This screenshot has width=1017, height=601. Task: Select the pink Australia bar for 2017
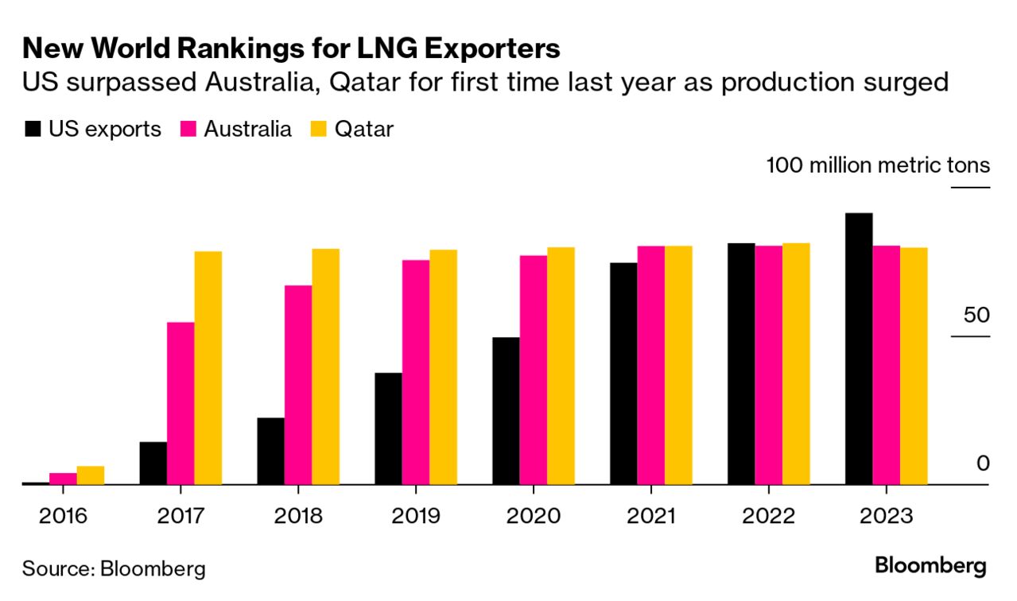(180, 403)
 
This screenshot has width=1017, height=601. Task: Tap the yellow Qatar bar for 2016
(91, 475)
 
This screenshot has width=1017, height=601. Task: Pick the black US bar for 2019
(388, 428)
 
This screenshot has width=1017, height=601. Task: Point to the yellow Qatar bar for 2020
(561, 366)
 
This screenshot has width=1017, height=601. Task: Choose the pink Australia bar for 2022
(768, 365)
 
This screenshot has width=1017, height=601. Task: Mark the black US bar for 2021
(623, 373)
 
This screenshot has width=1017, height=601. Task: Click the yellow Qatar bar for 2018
(325, 366)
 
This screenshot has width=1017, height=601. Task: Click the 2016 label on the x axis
(64, 516)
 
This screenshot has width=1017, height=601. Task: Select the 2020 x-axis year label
(534, 516)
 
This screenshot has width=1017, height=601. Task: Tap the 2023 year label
(887, 516)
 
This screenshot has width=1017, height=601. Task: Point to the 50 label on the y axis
(976, 315)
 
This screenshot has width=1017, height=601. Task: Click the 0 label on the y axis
(983, 463)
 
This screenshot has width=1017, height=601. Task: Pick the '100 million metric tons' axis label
(878, 165)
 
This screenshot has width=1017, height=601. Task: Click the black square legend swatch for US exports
(33, 130)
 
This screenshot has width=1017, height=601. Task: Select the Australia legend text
(248, 130)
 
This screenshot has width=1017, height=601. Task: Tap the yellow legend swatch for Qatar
(320, 130)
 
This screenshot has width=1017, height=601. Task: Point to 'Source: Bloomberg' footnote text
(114, 568)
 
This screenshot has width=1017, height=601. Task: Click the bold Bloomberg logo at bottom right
(930, 566)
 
